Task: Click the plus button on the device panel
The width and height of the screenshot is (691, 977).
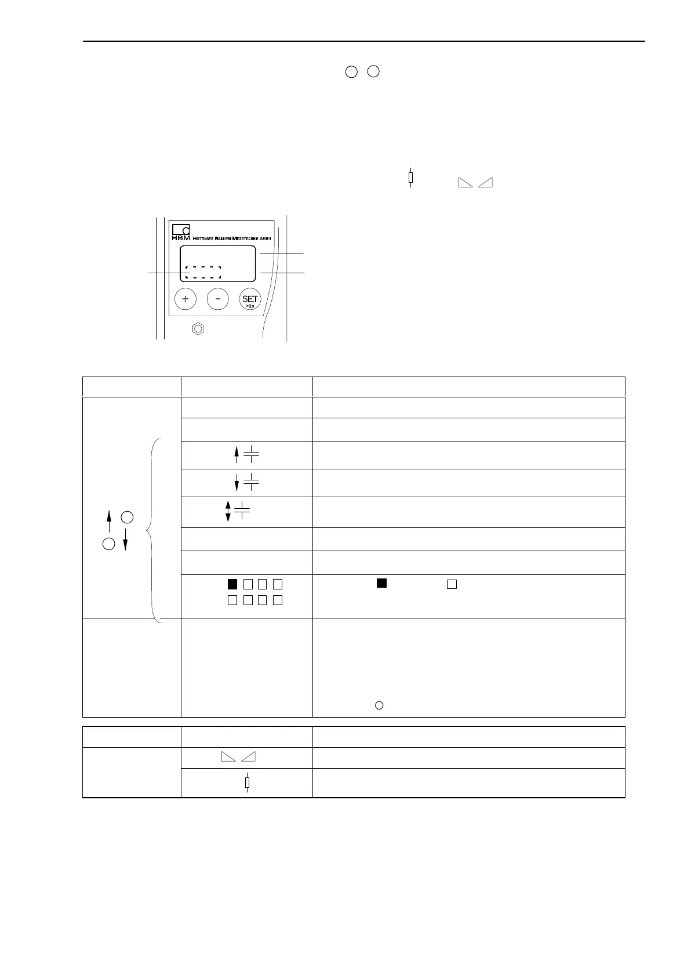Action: tap(186, 299)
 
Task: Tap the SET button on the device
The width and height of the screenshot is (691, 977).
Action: tap(250, 300)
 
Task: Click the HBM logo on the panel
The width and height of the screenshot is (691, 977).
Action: tap(181, 231)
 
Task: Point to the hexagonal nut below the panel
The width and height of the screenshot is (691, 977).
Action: tap(198, 328)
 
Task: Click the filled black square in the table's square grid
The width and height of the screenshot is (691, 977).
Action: tap(232, 584)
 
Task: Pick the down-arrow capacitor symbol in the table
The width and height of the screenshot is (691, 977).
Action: tap(245, 483)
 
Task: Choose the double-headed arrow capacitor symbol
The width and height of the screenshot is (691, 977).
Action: tap(237, 511)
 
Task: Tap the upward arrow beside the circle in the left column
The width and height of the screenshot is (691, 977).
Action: tap(109, 520)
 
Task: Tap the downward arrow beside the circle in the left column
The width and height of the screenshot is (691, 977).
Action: tap(125, 540)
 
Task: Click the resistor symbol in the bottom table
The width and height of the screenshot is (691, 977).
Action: tap(248, 783)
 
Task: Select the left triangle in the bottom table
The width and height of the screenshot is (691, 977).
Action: tap(228, 757)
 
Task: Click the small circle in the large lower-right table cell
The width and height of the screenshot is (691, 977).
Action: tap(379, 705)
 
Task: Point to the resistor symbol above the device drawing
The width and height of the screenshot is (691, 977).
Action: tap(410, 177)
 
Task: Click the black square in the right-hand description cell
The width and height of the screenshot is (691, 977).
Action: tap(381, 584)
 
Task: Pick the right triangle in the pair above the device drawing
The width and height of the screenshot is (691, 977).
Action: tap(486, 182)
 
